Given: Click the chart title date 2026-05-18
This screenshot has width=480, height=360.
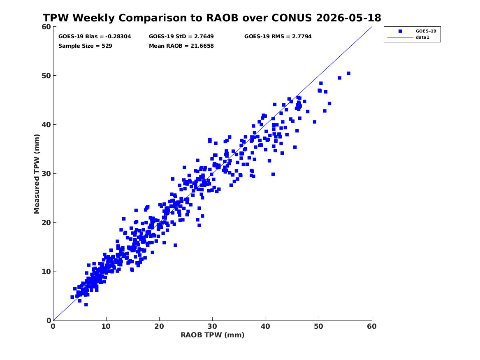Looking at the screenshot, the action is point(348,18).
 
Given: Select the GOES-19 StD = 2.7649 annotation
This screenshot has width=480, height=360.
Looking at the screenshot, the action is point(181,37).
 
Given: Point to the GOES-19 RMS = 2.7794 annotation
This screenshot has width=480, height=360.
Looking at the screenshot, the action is point(278,37).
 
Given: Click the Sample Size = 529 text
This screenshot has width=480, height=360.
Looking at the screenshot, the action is point(85,46).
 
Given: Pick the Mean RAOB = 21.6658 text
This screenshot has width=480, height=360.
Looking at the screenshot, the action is point(181,46).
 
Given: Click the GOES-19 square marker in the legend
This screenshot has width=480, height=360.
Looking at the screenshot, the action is point(400,31).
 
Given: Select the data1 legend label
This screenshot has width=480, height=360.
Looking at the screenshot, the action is point(422,37).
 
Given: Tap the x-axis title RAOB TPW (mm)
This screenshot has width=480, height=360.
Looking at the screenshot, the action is point(213,335).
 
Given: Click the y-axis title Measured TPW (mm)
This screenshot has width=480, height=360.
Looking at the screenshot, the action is point(37,174).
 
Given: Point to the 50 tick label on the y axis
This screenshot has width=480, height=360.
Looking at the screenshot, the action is point(46,76).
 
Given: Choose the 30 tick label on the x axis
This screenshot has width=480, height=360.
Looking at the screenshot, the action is point(213,326).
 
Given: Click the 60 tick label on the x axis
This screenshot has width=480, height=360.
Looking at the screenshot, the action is point(372,326).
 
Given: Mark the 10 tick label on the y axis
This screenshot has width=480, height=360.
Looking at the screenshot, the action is point(46,272).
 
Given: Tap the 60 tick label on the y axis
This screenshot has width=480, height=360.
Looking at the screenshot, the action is point(46,27).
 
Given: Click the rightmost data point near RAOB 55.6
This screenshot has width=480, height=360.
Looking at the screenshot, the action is point(348,74).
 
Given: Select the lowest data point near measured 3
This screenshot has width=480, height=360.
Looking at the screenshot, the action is point(86,304).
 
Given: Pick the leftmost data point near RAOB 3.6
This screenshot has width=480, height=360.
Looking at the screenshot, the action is point(72,297).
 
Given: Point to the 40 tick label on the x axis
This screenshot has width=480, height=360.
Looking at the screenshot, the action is point(266,326).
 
